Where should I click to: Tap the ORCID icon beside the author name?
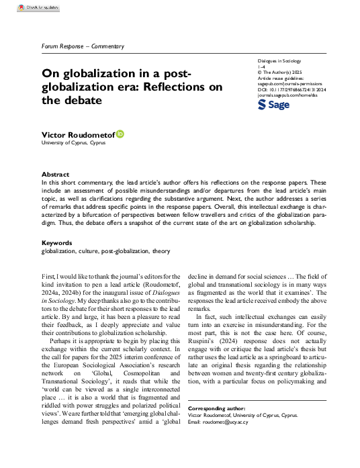(x=120, y=134)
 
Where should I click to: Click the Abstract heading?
(x=55, y=173)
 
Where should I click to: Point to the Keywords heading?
(x=58, y=242)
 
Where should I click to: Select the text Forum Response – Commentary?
(x=83, y=46)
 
